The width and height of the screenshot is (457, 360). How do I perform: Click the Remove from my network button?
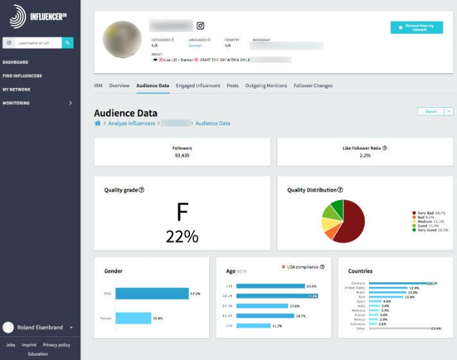(x=417, y=28)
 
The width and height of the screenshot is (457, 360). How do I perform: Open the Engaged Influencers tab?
(x=198, y=85)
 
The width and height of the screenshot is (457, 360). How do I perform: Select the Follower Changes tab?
(x=313, y=85)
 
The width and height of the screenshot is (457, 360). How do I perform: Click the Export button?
(x=431, y=111)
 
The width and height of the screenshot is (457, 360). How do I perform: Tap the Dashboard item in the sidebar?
(x=15, y=62)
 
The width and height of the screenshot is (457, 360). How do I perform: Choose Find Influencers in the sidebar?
(x=22, y=76)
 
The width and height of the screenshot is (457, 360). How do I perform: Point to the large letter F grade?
(x=182, y=212)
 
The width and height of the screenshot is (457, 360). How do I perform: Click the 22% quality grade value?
(x=182, y=236)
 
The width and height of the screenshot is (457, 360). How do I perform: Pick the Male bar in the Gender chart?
(x=151, y=294)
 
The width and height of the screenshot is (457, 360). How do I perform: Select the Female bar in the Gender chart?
(x=133, y=318)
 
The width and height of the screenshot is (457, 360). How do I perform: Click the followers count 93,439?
(x=182, y=155)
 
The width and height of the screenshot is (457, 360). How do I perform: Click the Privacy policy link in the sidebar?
(x=56, y=345)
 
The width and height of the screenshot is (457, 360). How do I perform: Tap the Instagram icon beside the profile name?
(x=200, y=26)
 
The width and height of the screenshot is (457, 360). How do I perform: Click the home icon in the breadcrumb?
(x=98, y=123)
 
